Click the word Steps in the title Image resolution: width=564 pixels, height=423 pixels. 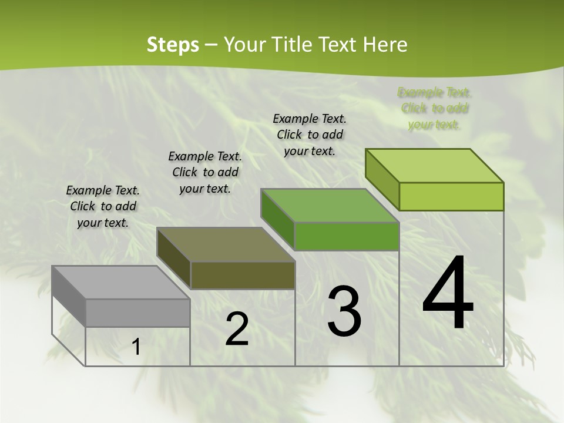173,45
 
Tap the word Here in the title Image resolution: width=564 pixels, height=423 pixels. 385,45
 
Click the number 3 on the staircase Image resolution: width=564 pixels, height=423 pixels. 344,311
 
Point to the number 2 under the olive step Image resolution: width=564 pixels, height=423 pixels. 237,329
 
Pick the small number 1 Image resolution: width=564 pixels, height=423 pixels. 136,347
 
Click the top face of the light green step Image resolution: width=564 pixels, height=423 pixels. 435,166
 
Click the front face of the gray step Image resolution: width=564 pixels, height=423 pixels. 137,313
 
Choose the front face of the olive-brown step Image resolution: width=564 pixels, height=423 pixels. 243,275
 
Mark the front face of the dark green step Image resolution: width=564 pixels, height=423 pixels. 347,236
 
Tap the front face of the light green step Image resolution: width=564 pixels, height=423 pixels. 451,196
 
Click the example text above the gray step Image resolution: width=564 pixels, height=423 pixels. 103,206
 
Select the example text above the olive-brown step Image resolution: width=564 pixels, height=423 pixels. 205,172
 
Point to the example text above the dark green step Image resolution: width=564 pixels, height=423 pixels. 310,135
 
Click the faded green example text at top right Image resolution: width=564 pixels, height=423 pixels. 435,108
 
